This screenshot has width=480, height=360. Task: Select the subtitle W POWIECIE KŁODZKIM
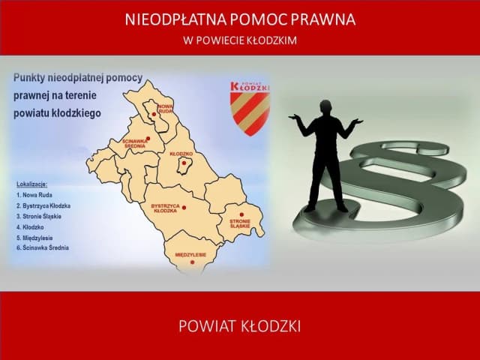coord(240,40)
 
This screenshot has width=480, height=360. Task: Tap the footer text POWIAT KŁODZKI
coord(240,326)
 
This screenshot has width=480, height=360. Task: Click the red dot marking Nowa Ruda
coord(154,115)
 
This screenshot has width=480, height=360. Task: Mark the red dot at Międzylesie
coord(191,262)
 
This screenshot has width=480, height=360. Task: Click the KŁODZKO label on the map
coord(181,153)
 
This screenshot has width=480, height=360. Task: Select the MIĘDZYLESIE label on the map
coord(190,255)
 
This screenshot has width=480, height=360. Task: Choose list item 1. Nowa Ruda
coord(37,194)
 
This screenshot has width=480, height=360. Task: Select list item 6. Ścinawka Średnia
coord(44,247)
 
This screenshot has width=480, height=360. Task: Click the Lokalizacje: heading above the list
coord(31,183)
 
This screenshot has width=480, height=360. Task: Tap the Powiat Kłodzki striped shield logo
coord(251,108)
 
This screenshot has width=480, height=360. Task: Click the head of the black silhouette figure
coord(328,106)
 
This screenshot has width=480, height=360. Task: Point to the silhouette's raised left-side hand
coord(294,117)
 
